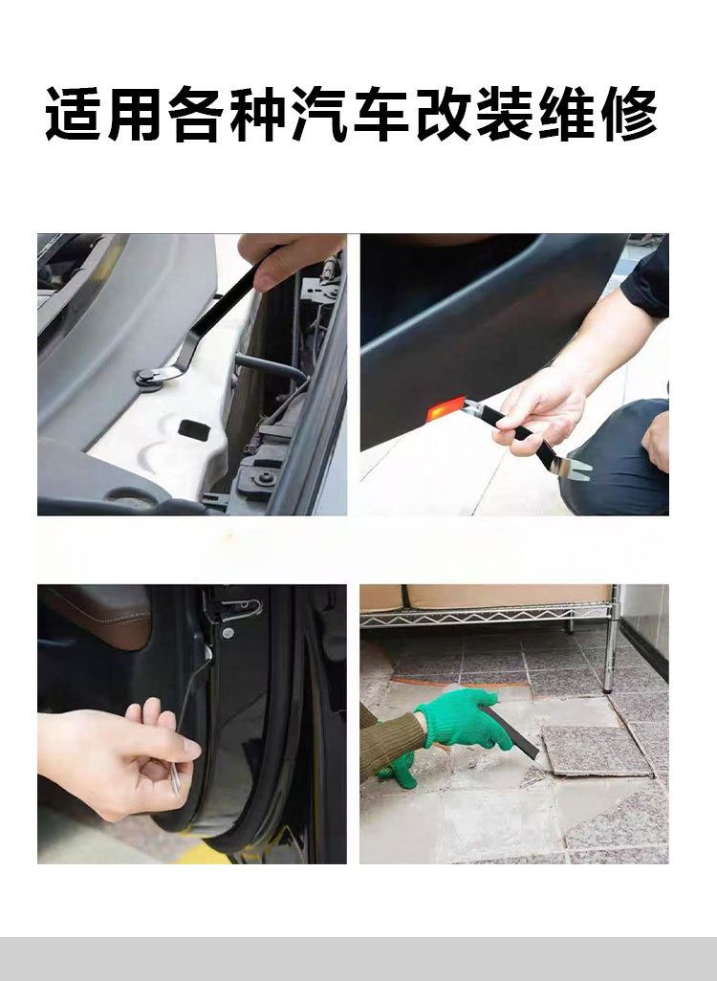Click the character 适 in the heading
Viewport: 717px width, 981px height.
point(74,115)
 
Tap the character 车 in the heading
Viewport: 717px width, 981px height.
point(381,115)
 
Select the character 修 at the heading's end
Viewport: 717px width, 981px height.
point(629,115)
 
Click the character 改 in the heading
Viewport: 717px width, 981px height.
point(443,115)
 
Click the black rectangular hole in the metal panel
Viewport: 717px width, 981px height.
point(195,428)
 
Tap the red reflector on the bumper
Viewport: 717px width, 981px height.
point(446,408)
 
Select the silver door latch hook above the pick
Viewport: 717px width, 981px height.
point(239,608)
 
